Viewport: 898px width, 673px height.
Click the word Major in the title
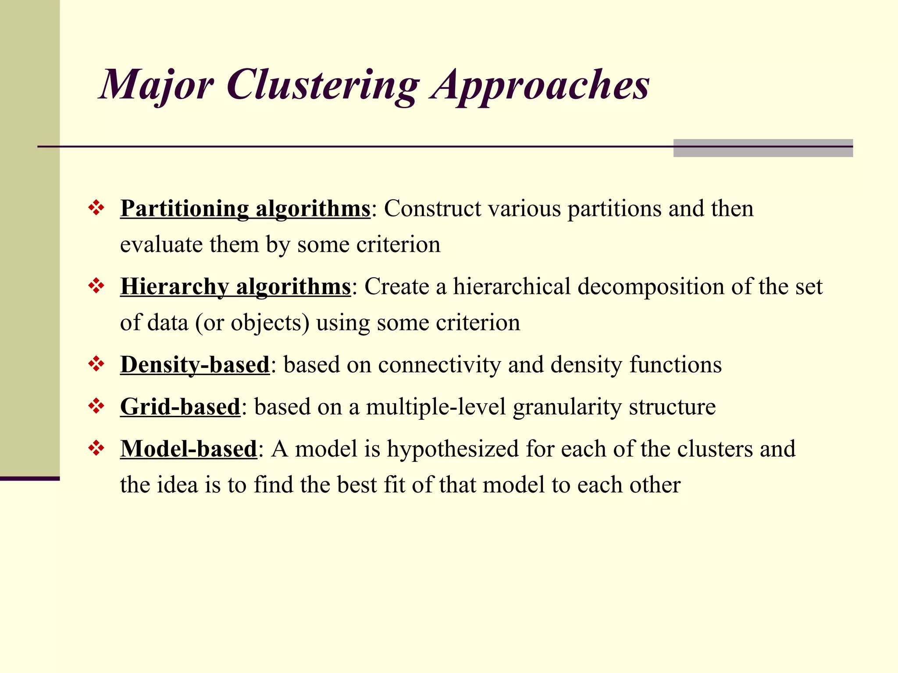(x=157, y=85)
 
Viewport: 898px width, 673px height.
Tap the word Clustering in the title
(x=323, y=85)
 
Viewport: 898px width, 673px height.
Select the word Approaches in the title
(x=540, y=85)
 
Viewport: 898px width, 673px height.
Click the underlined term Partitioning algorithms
(x=246, y=209)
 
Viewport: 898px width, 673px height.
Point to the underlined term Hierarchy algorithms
(x=235, y=287)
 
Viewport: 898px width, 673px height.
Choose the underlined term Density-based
(x=195, y=365)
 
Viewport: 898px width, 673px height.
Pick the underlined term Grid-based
(x=180, y=407)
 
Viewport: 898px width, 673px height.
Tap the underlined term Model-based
(x=189, y=449)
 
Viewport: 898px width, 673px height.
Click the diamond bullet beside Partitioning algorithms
(x=96, y=208)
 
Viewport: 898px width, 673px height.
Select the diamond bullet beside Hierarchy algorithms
(x=96, y=286)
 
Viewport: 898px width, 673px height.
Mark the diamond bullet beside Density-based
(x=96, y=364)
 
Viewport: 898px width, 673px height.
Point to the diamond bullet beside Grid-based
(x=96, y=406)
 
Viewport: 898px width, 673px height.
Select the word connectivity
(x=439, y=365)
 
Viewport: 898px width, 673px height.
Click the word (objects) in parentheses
(x=270, y=323)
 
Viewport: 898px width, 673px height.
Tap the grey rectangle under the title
(x=763, y=148)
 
